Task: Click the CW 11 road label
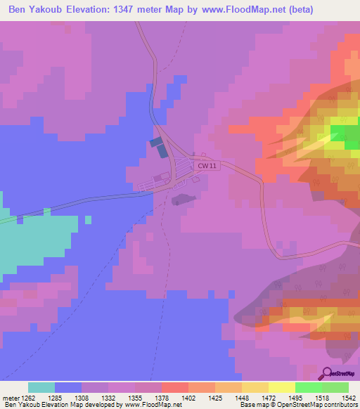pos(205,166)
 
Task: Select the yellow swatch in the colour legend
pos(281,387)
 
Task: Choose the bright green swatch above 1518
pos(308,387)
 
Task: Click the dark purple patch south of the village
pos(180,200)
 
